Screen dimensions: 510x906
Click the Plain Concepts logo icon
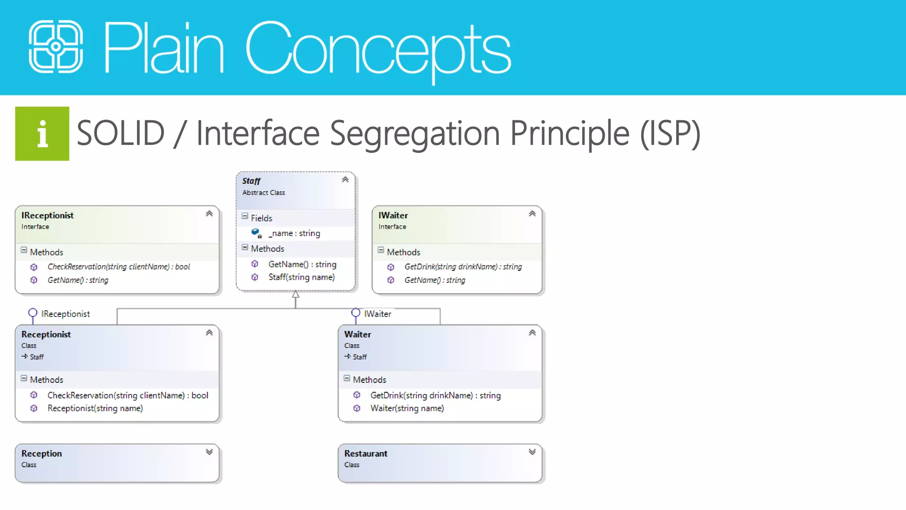(56, 46)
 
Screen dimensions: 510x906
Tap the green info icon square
(42, 134)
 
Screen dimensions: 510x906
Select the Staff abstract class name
(251, 181)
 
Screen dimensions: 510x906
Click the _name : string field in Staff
(294, 233)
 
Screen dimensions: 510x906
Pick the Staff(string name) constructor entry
(301, 277)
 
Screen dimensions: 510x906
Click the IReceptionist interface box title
(47, 216)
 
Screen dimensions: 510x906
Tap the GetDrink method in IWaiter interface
(463, 267)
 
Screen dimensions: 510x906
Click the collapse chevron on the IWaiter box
(532, 214)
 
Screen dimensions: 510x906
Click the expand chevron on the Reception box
(209, 452)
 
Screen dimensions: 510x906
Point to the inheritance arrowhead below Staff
(296, 294)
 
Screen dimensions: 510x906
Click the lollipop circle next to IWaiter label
(356, 313)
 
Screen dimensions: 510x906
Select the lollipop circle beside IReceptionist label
(33, 313)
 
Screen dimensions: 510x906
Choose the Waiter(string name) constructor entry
(407, 408)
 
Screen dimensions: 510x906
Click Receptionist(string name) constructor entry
(95, 408)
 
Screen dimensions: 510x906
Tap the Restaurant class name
(366, 454)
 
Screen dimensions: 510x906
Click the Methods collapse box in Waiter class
(347, 379)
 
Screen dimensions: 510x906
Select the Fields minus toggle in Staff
(245, 216)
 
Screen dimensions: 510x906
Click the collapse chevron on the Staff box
(345, 180)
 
